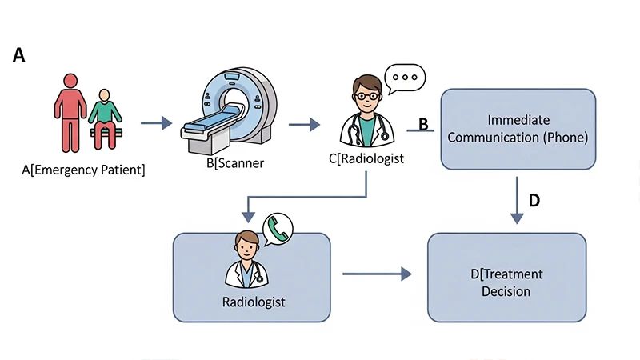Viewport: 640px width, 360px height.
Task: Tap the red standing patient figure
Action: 69,108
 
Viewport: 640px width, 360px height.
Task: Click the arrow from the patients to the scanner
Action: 156,123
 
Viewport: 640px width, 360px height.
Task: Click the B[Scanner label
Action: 234,164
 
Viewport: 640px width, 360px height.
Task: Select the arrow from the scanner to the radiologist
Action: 304,124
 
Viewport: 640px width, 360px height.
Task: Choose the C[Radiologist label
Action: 366,158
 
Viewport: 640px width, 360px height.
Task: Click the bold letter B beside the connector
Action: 424,124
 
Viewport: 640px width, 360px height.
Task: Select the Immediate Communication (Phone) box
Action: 518,129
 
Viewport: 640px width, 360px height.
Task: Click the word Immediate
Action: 518,120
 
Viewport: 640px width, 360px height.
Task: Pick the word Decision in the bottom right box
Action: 506,291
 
